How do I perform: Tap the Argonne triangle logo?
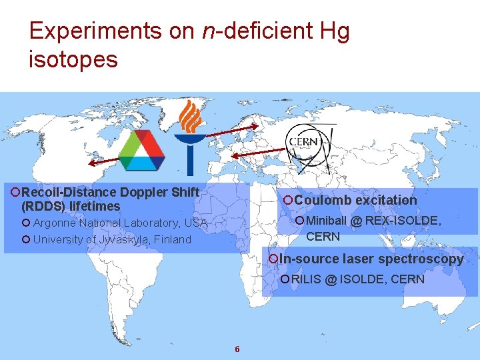[x=141, y=150]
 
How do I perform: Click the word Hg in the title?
[x=333, y=31]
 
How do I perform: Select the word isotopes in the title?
[x=73, y=59]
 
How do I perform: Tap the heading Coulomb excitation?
[x=355, y=200]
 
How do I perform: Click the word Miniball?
[x=327, y=221]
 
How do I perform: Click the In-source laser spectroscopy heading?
[x=371, y=259]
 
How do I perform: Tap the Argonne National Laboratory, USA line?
[x=120, y=223]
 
